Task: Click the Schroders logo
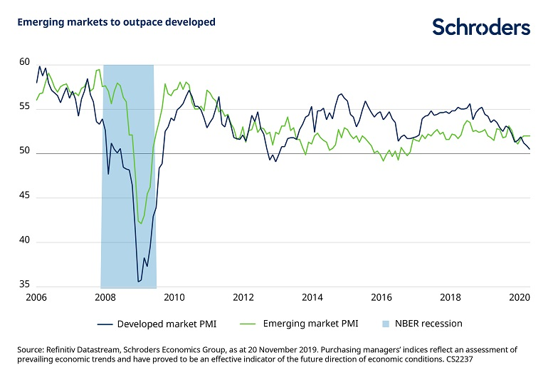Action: (481, 27)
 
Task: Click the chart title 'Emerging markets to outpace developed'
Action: (116, 22)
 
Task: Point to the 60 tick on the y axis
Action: (24, 63)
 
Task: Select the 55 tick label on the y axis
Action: (24, 107)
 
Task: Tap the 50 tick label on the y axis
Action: (24, 152)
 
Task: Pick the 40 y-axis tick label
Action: (24, 242)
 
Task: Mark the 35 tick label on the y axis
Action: (24, 285)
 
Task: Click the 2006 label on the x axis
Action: (36, 298)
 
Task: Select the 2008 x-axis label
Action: (105, 298)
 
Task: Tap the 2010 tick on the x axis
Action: (174, 298)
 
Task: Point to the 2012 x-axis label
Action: (243, 298)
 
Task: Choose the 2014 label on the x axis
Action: (312, 298)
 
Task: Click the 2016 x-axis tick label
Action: (381, 298)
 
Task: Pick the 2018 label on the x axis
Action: (450, 298)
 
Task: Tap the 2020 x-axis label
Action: (519, 298)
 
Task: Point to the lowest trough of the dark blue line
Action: (138, 282)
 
